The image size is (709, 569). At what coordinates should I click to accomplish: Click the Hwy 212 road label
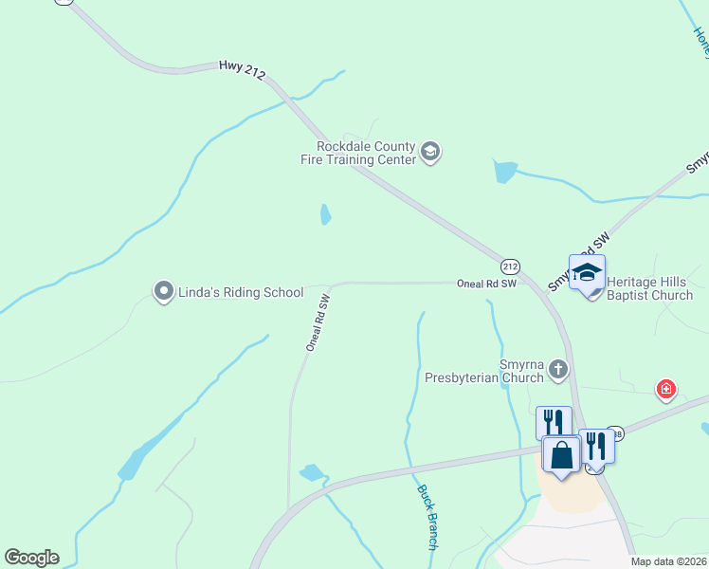click(242, 68)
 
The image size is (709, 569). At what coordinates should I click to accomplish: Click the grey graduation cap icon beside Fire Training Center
click(430, 153)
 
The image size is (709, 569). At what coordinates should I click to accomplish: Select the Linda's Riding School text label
click(241, 293)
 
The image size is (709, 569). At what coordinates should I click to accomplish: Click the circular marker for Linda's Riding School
click(164, 290)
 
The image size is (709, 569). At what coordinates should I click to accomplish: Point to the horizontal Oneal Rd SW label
click(486, 283)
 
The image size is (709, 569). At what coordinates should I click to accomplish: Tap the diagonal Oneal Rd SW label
click(318, 323)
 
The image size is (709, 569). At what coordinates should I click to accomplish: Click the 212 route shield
click(510, 266)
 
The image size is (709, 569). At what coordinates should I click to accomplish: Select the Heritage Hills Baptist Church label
click(649, 288)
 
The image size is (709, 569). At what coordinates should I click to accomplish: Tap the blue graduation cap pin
click(587, 272)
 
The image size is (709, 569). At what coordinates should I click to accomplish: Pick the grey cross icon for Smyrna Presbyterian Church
click(559, 369)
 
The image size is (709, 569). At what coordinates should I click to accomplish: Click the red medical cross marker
click(666, 389)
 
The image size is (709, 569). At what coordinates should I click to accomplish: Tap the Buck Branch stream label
click(426, 517)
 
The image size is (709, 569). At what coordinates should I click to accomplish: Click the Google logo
click(31, 558)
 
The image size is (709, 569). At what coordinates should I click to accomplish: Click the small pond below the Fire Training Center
click(326, 214)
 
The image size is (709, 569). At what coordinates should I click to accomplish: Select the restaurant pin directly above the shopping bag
click(554, 422)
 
